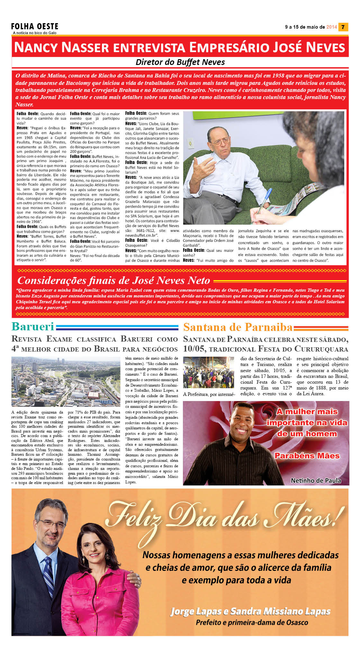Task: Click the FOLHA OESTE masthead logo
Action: click(35, 26)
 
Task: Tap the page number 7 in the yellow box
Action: click(343, 27)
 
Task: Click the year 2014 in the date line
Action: click(331, 27)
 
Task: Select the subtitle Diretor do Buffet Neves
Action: click(180, 62)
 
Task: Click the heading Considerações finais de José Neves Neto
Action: click(113, 280)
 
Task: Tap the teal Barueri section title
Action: click(33, 326)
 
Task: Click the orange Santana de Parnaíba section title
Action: click(238, 327)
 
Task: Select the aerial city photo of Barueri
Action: click(66, 382)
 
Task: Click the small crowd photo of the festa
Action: click(208, 372)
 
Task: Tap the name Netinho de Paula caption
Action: click(316, 481)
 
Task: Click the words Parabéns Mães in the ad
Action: click(307, 456)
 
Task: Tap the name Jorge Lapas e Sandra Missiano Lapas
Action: click(250, 611)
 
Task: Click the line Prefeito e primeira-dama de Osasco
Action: click(252, 623)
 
